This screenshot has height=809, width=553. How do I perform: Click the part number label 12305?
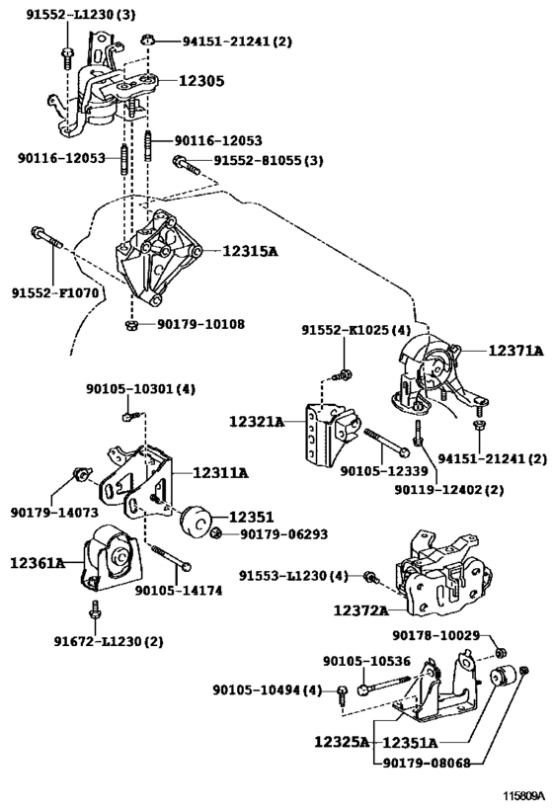[x=201, y=81]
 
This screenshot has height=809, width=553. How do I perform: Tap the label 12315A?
[x=250, y=251]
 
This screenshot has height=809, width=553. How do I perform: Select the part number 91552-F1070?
[x=55, y=293]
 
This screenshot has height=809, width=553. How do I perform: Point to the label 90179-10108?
[x=201, y=324]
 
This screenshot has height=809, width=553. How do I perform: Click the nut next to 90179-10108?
[x=131, y=325]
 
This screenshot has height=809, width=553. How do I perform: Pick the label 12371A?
[x=515, y=351]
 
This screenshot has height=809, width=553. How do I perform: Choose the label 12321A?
[x=257, y=422]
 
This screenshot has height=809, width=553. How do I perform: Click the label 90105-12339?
[x=384, y=470]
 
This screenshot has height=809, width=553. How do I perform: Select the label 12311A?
[x=221, y=472]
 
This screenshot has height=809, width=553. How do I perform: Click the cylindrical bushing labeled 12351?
[x=196, y=521]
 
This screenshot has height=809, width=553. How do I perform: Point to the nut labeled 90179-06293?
[x=217, y=532]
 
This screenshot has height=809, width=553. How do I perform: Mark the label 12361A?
[x=38, y=562]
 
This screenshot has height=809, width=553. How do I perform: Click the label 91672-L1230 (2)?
[x=109, y=641]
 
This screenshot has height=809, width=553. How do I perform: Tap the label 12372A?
[x=361, y=610]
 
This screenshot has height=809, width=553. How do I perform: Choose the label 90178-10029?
[x=436, y=635]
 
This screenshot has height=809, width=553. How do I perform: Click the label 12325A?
[x=343, y=742]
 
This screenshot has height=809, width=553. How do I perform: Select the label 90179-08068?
[x=427, y=763]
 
